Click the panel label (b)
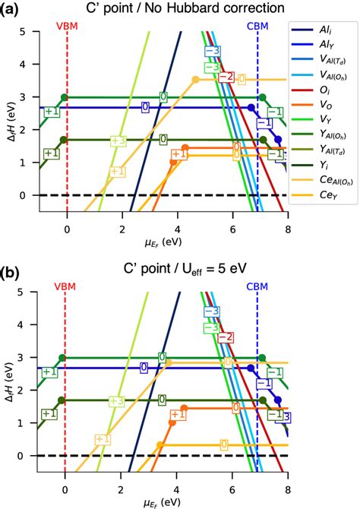click(11, 271)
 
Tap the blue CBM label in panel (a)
click(257, 25)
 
